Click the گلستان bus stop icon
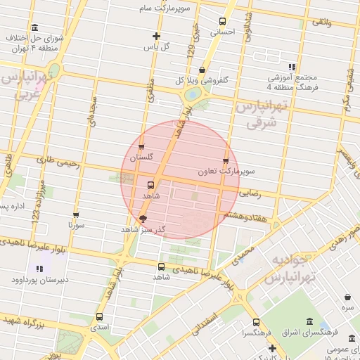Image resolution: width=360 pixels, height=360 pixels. [142, 148]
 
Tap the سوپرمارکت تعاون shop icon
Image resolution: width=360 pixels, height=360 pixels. [226, 161]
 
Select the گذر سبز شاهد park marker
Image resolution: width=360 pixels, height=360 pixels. [143, 219]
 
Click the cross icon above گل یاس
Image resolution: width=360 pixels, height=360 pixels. [156, 36]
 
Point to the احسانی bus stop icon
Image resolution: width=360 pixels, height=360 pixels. [223, 21]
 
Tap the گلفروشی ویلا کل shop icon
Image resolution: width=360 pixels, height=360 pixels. [202, 70]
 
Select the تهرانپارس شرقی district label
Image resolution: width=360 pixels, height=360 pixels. [262, 115]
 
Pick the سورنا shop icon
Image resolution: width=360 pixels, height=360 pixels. [76, 215]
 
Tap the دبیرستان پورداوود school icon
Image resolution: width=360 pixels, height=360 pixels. [39, 269]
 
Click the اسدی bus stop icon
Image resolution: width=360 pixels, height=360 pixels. [98, 316]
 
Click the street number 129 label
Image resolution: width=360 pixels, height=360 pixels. [190, 51]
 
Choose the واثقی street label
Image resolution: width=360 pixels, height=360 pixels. [321, 23]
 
